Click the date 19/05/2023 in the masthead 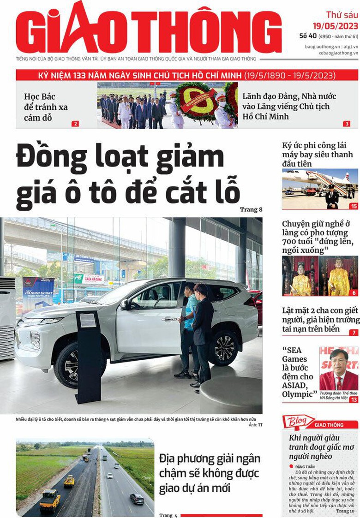click(x=335, y=25)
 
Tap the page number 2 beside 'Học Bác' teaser click(x=75, y=124)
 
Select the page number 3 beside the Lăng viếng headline click(x=347, y=124)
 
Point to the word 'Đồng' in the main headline click(x=52, y=158)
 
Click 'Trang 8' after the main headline click(x=251, y=209)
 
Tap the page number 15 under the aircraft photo click(x=354, y=206)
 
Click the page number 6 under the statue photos click(x=354, y=293)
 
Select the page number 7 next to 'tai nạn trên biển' click(x=354, y=332)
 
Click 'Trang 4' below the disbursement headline click(x=168, y=515)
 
